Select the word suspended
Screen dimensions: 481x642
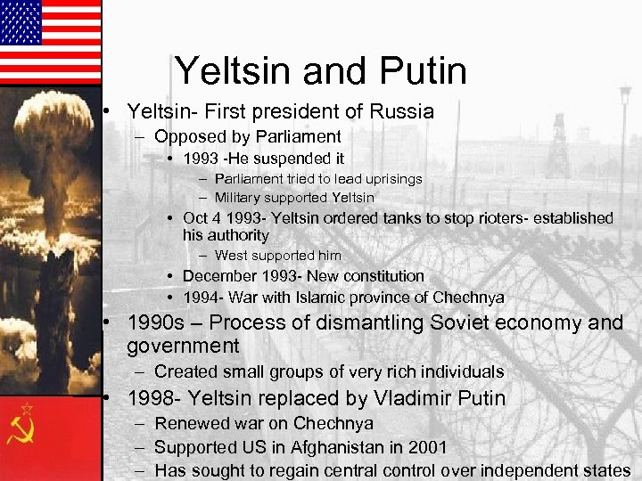click(x=278, y=159)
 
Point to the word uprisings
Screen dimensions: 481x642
click(x=390, y=179)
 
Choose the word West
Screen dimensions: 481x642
click(x=230, y=256)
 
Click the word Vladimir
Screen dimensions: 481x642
click(x=407, y=398)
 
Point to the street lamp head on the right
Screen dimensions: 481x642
click(x=625, y=93)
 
